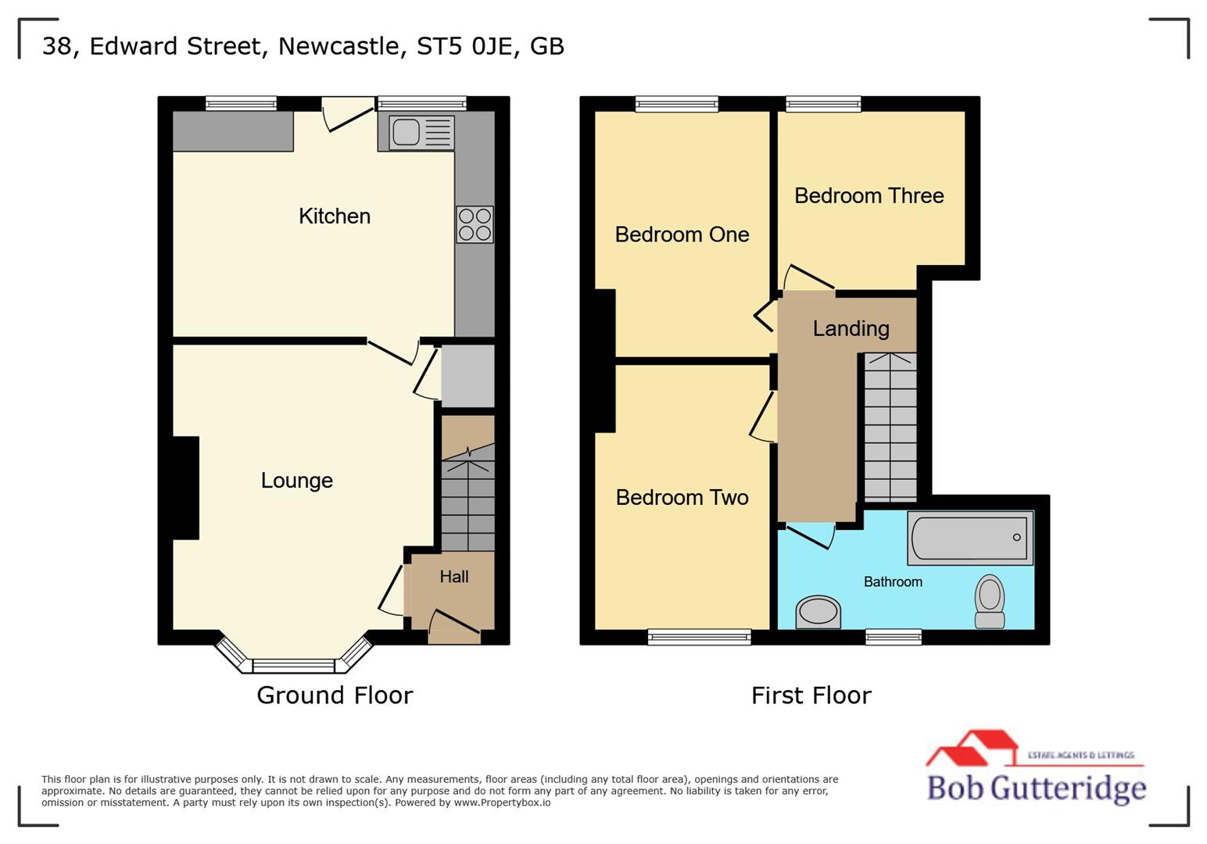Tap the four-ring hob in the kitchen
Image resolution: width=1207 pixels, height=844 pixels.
475,224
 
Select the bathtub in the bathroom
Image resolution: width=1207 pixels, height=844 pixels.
970,538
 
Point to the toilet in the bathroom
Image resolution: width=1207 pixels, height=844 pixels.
990,601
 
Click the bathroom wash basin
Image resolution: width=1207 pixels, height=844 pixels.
818,612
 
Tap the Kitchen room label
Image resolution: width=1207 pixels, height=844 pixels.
334,216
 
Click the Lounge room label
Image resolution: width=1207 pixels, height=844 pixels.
296,481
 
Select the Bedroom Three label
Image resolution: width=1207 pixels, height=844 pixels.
869,195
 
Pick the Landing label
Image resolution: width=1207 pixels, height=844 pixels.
851,328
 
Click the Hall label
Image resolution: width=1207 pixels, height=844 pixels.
453,577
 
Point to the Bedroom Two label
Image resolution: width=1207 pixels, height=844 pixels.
682,498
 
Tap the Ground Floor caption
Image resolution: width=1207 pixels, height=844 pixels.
335,696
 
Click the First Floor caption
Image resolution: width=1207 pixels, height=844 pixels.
811,696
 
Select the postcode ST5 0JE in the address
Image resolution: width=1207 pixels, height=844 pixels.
464,46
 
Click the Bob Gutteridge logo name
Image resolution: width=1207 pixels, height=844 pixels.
1036,788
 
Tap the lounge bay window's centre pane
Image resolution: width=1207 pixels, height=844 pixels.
293,666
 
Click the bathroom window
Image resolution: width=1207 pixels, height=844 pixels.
893,638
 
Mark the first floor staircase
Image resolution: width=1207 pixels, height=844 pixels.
890,427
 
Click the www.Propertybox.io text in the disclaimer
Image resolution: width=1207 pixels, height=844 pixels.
502,803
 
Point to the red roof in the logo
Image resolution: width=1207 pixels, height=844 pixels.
972,746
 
